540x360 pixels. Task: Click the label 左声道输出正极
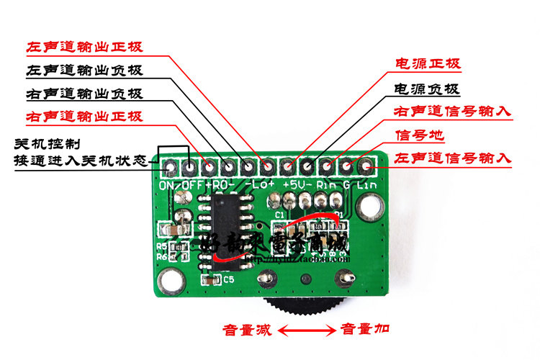pyautogui.click(x=84, y=48)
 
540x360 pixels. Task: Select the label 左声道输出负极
pyautogui.click(x=84, y=71)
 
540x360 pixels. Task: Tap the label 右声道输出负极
pyautogui.click(x=84, y=94)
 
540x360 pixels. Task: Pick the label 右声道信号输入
pyautogui.click(x=453, y=112)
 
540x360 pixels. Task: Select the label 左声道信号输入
pyautogui.click(x=453, y=157)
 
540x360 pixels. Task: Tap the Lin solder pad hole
pyautogui.click(x=366, y=168)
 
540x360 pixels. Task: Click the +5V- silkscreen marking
pyautogui.click(x=296, y=185)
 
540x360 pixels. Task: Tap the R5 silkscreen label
pyautogui.click(x=161, y=246)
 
